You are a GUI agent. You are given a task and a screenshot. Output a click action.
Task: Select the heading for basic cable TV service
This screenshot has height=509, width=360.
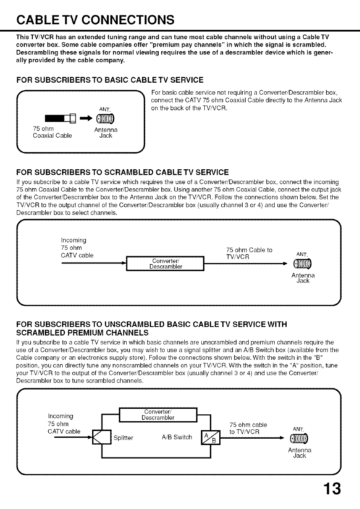pyautogui.click(x=110, y=80)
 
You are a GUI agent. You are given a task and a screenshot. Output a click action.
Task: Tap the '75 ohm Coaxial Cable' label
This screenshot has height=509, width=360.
pyautogui.click(x=52, y=133)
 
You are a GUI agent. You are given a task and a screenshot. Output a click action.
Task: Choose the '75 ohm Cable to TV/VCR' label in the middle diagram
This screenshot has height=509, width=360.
pyautogui.click(x=249, y=254)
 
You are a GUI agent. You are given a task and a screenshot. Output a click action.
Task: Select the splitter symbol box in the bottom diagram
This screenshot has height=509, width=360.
pyautogui.click(x=102, y=437)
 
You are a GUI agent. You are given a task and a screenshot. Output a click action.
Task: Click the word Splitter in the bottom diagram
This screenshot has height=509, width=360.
pyautogui.click(x=123, y=438)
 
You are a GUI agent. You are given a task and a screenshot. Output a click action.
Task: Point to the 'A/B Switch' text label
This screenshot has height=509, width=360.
pyautogui.click(x=177, y=437)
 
